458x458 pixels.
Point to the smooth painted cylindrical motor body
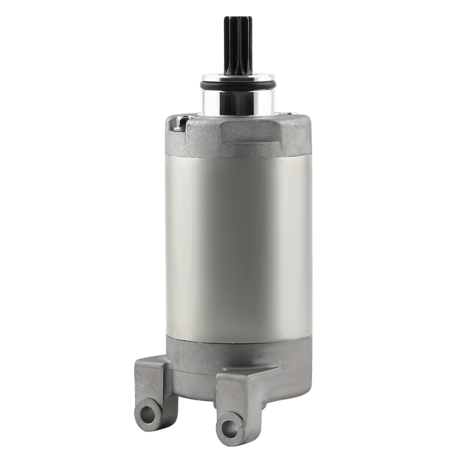point(238,243)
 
